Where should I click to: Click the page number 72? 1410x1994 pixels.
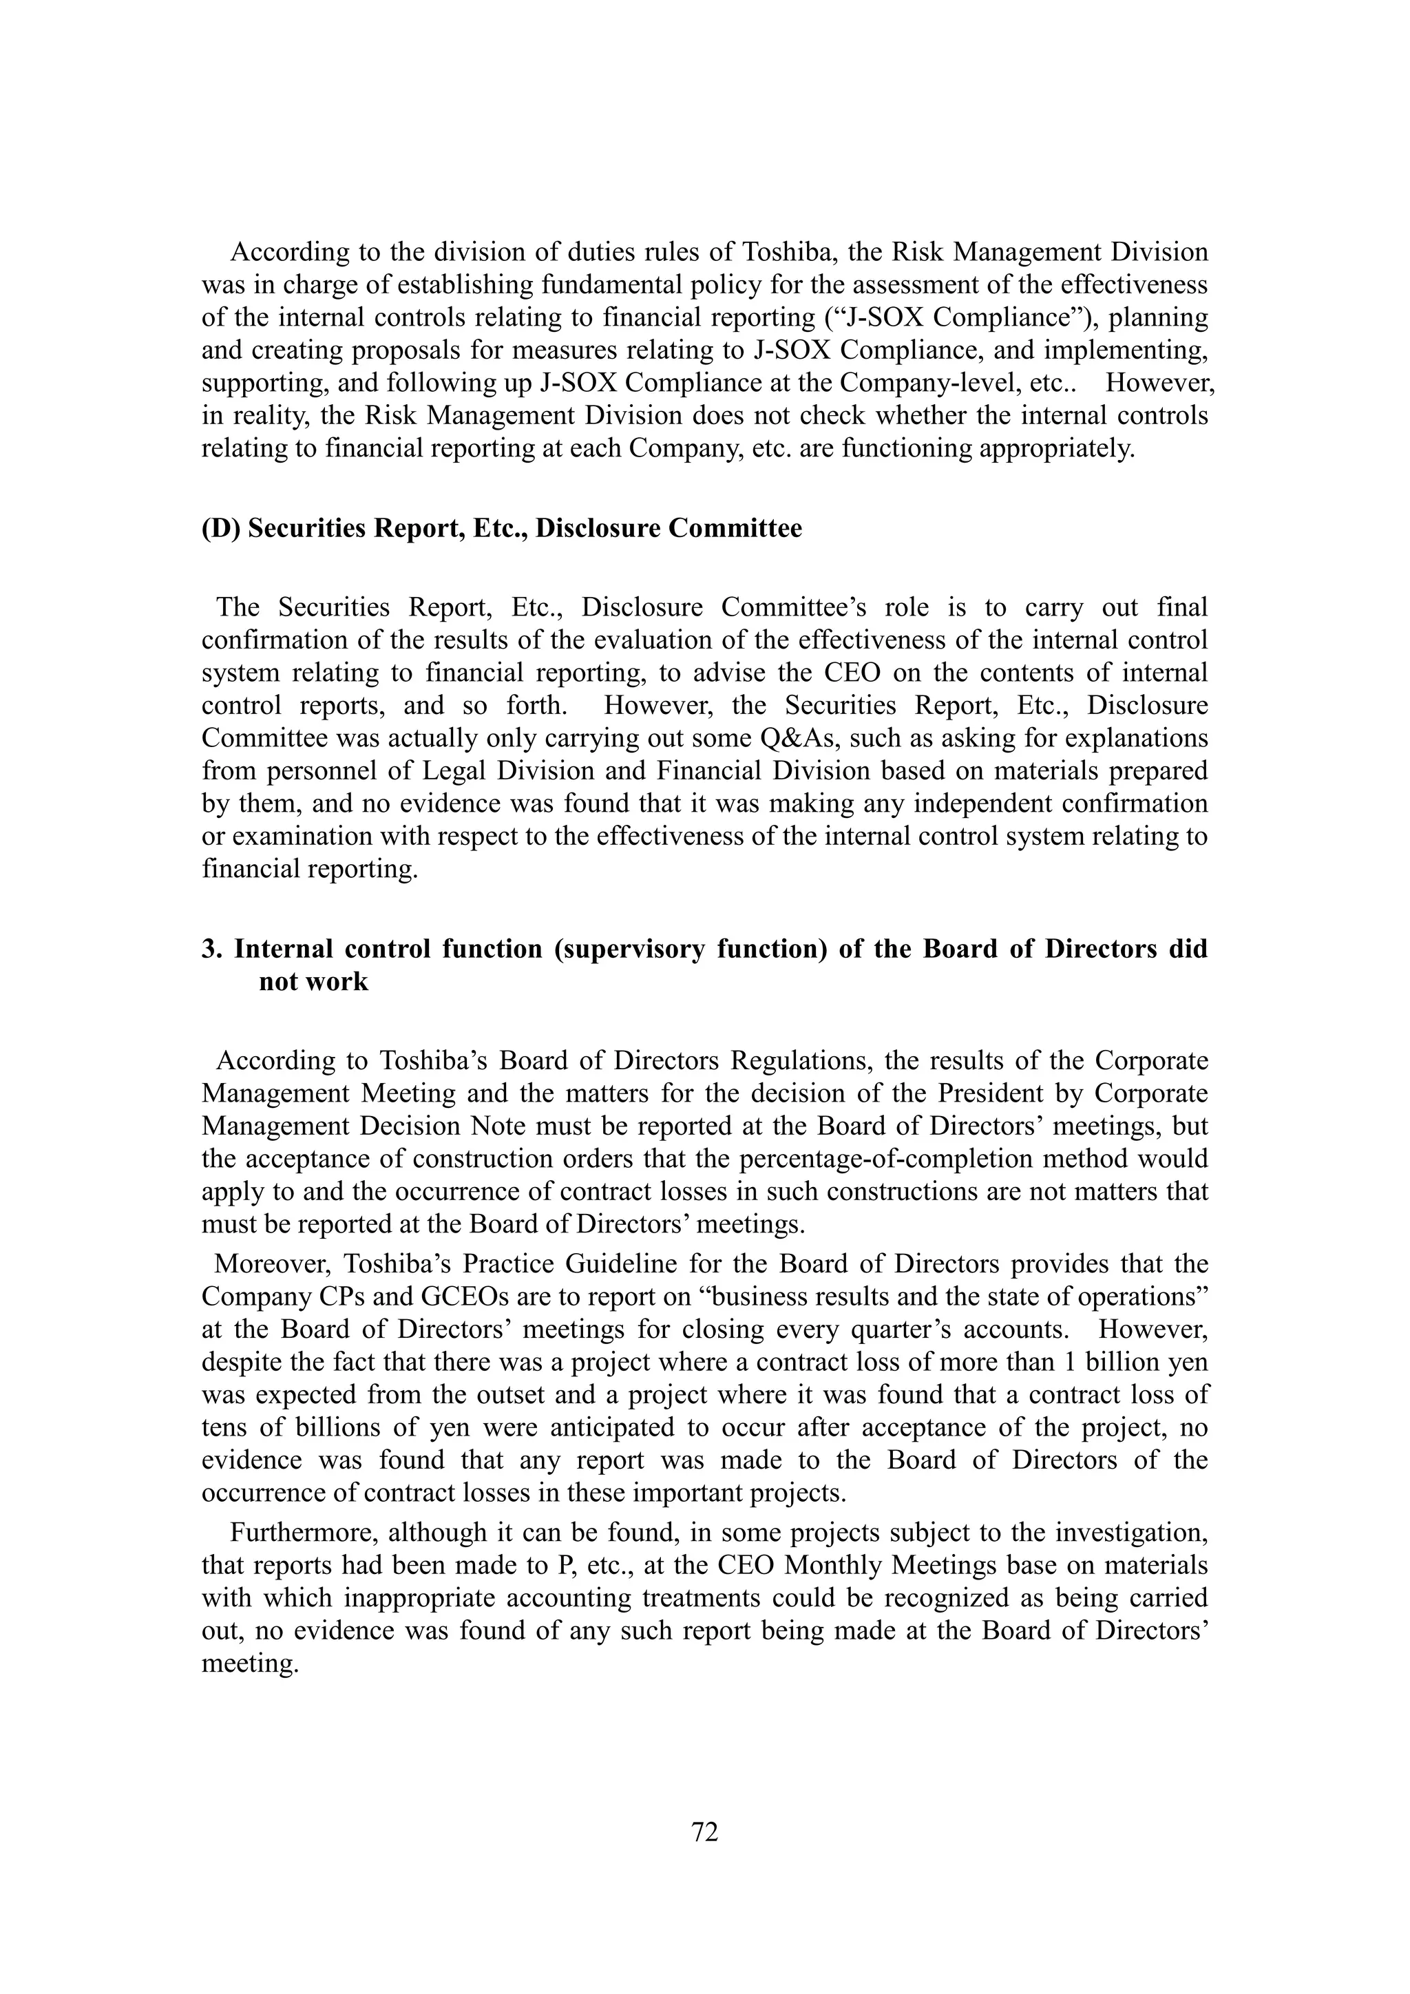point(704,1832)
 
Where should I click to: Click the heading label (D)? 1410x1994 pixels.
point(222,528)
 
